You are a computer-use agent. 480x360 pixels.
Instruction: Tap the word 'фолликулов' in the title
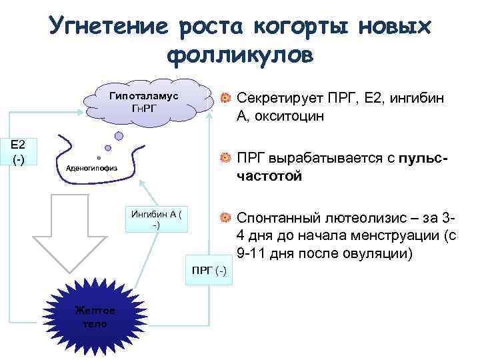click(x=239, y=55)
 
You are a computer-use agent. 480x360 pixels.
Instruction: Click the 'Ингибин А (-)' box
click(x=157, y=219)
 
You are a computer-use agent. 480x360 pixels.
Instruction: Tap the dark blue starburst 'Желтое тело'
click(x=95, y=317)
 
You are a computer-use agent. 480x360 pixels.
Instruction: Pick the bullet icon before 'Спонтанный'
click(x=226, y=217)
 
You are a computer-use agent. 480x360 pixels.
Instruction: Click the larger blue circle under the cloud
click(x=119, y=136)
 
